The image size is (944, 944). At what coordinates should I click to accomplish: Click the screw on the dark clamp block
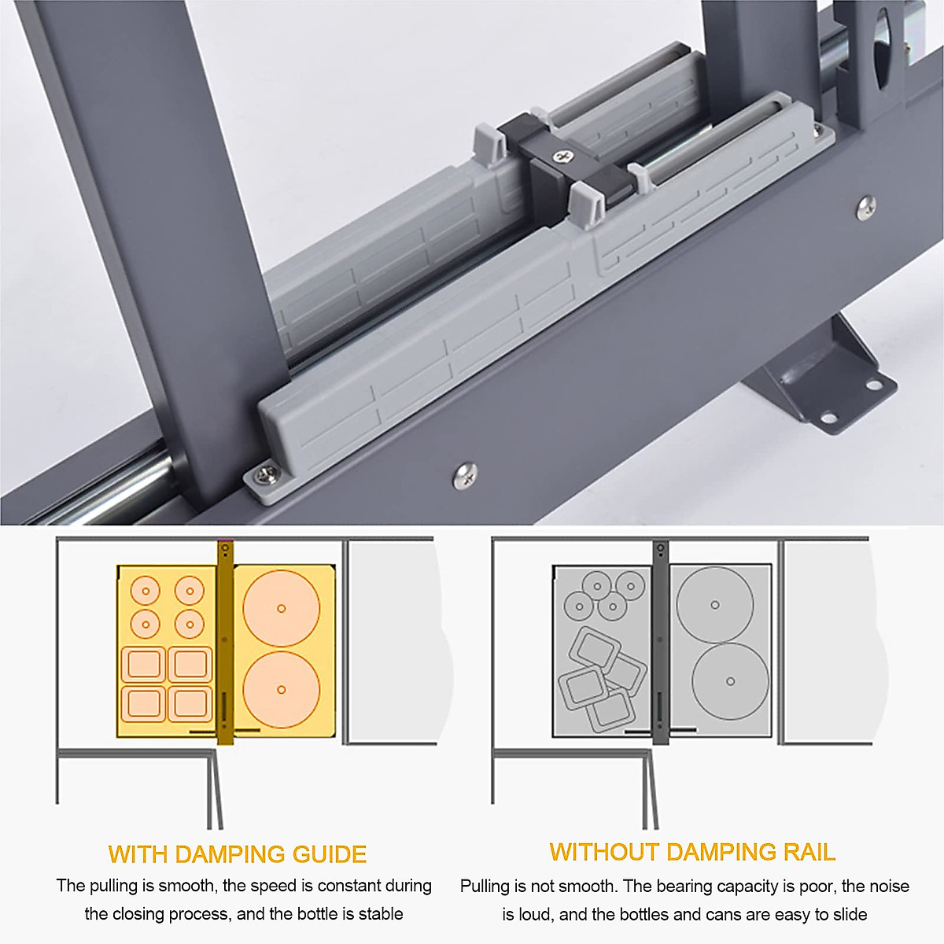563,157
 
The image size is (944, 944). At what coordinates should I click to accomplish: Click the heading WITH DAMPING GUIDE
237,854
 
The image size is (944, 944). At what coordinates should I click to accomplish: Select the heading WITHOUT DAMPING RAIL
692,853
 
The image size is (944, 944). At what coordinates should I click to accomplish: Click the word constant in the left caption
350,886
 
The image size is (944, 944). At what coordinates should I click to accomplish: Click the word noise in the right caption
889,887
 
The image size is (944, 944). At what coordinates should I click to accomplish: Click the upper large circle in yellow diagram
281,608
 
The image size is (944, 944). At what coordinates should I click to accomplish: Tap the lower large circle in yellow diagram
281,690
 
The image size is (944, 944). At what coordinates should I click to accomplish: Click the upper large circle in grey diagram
715,605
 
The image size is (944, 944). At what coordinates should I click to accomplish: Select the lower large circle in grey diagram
730,681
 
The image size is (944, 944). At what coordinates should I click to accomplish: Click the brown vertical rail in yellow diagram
225,643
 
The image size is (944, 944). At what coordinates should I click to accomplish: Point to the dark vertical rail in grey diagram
660,643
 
